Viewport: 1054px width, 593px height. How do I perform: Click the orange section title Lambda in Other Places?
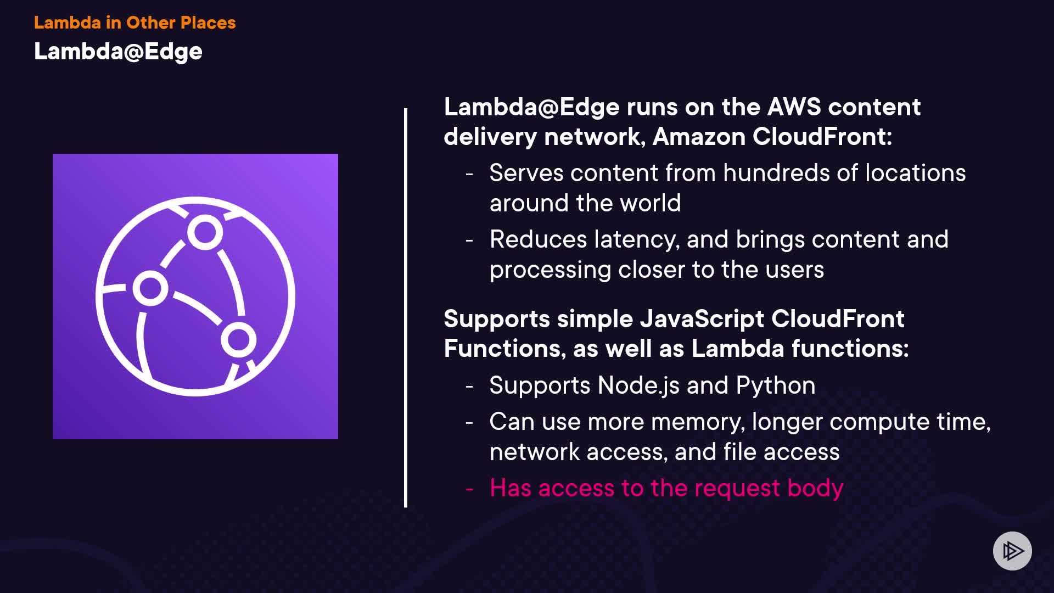pos(134,23)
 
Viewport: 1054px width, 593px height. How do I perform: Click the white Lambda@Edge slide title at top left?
pos(118,52)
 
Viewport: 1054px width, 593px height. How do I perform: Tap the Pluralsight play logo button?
pos(1012,551)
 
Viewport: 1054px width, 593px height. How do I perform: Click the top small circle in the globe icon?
pos(205,232)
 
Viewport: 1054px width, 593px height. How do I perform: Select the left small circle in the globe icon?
pos(150,288)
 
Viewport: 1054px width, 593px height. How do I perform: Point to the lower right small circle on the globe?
pos(238,339)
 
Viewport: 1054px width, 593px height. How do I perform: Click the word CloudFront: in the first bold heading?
pos(822,137)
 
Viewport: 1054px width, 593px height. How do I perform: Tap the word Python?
pos(775,386)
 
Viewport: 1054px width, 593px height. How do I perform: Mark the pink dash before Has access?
pos(469,488)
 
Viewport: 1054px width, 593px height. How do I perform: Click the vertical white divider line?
pos(406,307)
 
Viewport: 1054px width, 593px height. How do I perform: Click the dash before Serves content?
pos(469,174)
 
